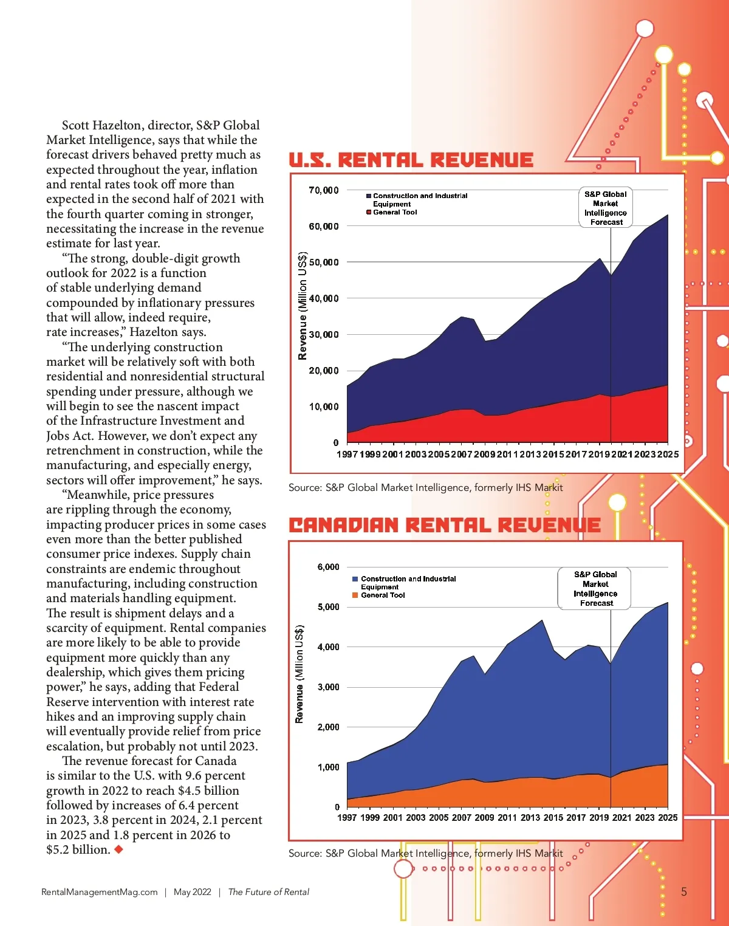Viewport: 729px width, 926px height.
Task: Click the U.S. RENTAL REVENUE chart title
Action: [411, 160]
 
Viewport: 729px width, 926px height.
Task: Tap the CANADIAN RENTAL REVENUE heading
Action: [444, 525]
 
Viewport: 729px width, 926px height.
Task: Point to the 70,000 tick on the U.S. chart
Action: [323, 190]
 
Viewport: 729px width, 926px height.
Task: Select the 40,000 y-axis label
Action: [323, 298]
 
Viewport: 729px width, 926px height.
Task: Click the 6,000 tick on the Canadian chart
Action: [328, 567]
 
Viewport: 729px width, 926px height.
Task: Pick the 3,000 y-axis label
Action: [328, 687]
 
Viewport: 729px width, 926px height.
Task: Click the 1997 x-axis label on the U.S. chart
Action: [347, 454]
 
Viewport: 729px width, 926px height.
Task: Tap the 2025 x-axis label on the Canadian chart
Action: [667, 818]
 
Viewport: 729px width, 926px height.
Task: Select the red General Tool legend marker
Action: [369, 212]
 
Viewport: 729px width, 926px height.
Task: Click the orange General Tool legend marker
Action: [355, 595]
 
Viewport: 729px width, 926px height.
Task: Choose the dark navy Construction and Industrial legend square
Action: [369, 196]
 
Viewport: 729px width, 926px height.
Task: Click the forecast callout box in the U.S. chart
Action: [605, 208]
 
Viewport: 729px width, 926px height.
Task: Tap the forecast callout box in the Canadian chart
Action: [595, 588]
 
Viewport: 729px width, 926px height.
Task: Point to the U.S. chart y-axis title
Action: [303, 306]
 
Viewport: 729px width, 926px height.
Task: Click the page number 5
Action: [683, 892]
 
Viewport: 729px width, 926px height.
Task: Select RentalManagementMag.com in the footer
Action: [99, 892]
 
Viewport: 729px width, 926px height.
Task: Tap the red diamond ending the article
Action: [119, 849]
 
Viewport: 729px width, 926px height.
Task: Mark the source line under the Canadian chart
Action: [425, 853]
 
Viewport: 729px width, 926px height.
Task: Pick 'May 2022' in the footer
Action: [192, 892]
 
